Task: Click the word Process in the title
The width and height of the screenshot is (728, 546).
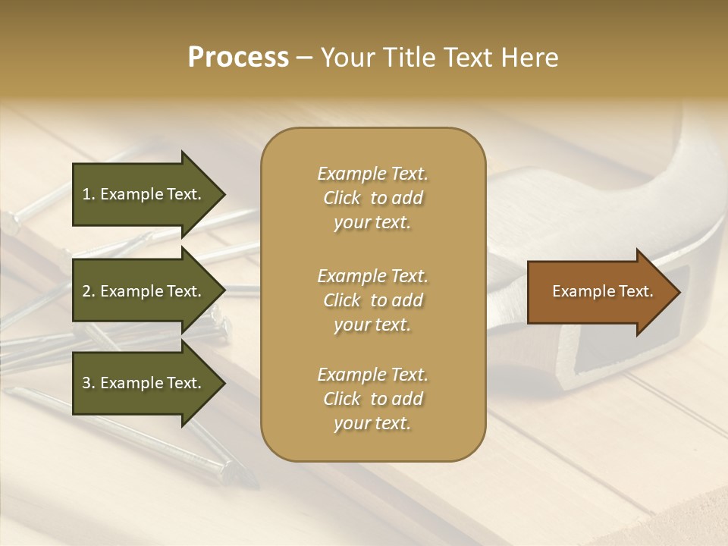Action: [238, 58]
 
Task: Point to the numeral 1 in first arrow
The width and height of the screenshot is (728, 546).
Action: [86, 194]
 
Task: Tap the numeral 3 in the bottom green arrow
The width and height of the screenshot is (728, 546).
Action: [86, 383]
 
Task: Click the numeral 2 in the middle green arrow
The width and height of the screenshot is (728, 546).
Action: [86, 291]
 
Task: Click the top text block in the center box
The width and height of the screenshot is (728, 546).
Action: [372, 198]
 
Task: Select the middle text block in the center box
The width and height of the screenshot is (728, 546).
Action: [372, 300]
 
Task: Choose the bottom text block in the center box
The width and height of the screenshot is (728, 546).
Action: [372, 399]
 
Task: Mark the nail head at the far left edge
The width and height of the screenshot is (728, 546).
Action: [9, 221]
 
